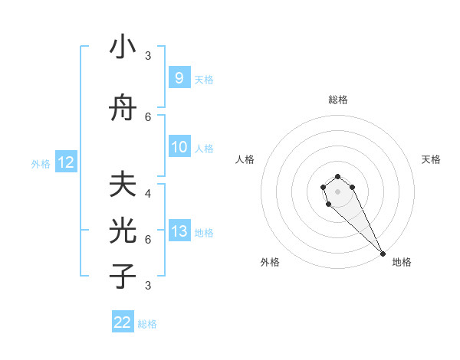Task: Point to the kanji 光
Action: click(123, 231)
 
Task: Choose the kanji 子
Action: click(123, 276)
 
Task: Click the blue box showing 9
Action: click(179, 77)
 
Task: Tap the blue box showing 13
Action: click(179, 231)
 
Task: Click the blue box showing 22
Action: click(123, 322)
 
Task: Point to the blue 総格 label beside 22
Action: click(147, 323)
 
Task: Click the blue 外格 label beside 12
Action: click(41, 163)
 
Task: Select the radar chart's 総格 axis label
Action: click(337, 100)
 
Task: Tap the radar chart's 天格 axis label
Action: click(431, 159)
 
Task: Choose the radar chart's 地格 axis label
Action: click(401, 262)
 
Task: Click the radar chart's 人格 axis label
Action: click(245, 159)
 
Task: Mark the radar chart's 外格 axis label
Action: click(270, 262)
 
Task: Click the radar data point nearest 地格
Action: click(383, 254)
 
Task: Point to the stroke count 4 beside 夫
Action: click(147, 194)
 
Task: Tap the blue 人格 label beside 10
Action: click(204, 148)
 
